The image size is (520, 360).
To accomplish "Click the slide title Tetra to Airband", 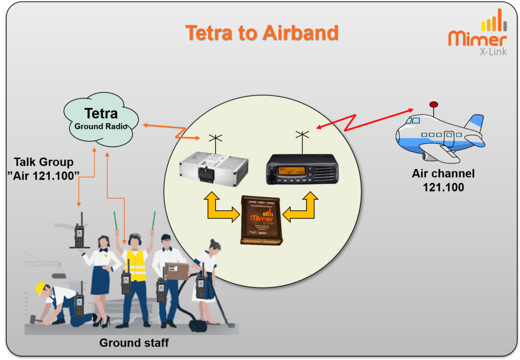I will (262, 32).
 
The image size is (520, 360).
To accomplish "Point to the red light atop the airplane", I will (434, 105).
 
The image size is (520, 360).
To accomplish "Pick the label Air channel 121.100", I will (443, 180).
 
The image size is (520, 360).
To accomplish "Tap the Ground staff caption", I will (134, 343).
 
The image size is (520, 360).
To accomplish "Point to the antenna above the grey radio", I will (216, 142).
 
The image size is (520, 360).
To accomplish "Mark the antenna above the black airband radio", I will (302, 139).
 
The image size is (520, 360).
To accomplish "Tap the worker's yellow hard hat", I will (40, 288).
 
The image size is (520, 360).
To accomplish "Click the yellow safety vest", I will (136, 265).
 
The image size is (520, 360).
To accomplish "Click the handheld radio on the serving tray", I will (79, 234).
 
